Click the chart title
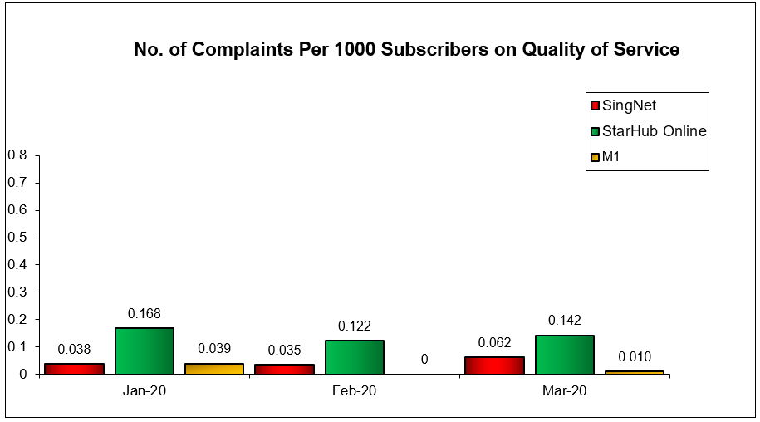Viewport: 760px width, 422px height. (406, 50)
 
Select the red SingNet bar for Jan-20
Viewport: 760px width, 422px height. (74, 369)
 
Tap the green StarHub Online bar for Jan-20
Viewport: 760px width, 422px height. (144, 351)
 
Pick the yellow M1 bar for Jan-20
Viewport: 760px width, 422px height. (213, 369)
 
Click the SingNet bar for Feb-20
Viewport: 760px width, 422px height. (284, 369)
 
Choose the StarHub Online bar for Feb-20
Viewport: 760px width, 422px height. (354, 357)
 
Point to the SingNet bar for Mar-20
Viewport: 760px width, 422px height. (494, 366)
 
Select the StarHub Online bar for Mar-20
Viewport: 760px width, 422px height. (564, 355)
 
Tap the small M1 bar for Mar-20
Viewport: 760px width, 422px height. (634, 372)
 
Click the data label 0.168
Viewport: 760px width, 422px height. (144, 314)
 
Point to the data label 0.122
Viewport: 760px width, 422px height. (354, 326)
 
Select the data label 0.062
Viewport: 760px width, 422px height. (494, 342)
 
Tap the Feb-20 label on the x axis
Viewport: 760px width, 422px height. (354, 390)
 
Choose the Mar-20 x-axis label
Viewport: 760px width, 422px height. (564, 390)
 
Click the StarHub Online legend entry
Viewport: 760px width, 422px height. (648, 131)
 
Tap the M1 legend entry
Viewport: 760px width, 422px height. (612, 157)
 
